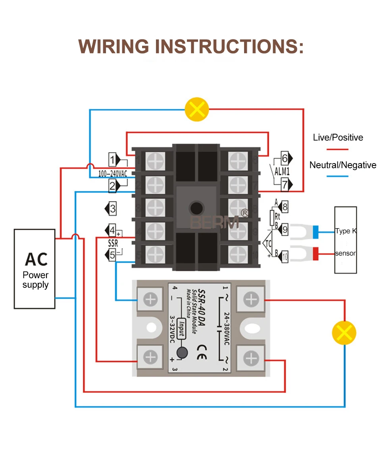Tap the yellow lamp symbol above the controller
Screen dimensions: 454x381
(x=197, y=109)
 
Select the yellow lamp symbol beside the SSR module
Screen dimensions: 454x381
(x=344, y=333)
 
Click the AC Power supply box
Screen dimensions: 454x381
(x=35, y=269)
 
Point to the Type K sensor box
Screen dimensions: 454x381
(x=345, y=240)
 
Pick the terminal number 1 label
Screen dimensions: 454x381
(x=113, y=160)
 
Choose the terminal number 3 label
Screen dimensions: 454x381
(x=113, y=208)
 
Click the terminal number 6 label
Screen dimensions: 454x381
(x=285, y=158)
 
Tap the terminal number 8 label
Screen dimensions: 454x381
(x=285, y=207)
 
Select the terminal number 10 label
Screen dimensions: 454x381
(x=285, y=258)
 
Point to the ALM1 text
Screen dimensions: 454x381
(x=282, y=171)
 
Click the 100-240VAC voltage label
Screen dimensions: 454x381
(x=113, y=173)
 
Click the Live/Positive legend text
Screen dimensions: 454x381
(x=338, y=138)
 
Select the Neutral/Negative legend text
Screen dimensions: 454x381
(x=343, y=165)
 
